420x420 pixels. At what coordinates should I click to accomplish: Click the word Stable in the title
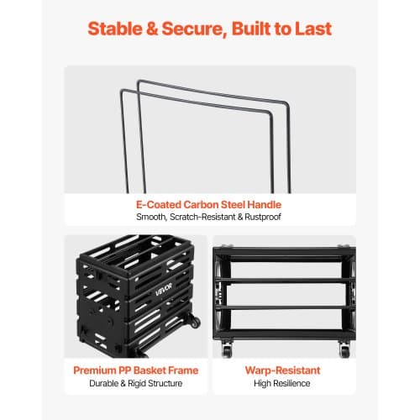point(115,29)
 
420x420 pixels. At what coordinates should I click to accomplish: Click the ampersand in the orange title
point(152,29)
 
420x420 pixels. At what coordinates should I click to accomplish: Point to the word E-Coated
point(159,204)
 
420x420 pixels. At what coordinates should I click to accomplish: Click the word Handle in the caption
point(265,204)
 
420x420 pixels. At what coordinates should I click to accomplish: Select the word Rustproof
point(263,217)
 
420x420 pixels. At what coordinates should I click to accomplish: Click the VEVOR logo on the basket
point(164,289)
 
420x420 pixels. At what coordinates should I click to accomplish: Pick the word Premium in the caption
point(94,370)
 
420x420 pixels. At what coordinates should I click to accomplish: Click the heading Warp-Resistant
point(282,370)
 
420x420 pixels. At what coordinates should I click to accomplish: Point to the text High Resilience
point(282,383)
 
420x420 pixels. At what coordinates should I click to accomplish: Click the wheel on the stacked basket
point(193,321)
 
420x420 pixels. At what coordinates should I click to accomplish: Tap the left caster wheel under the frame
point(227,349)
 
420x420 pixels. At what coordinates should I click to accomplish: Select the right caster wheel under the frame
point(344,349)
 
